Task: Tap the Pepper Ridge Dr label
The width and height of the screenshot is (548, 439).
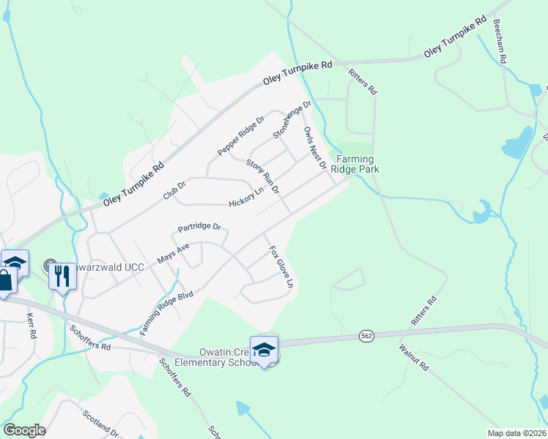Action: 240,136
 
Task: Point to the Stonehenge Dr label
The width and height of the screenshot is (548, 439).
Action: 292,119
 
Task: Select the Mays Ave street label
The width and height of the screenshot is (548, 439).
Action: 174,254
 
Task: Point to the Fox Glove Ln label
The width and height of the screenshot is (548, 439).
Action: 281,266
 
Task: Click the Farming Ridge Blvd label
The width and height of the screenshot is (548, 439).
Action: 166,313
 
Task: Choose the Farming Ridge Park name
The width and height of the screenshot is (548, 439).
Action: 355,164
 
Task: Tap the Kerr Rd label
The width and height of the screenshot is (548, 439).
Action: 31,327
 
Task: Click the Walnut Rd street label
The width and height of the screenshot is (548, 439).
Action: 414,356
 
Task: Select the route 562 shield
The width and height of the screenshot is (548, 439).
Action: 367,335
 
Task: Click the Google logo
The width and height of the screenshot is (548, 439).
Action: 24,430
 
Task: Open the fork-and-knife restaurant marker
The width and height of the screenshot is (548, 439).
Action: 62,277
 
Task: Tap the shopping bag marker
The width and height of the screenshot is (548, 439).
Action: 5,282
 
